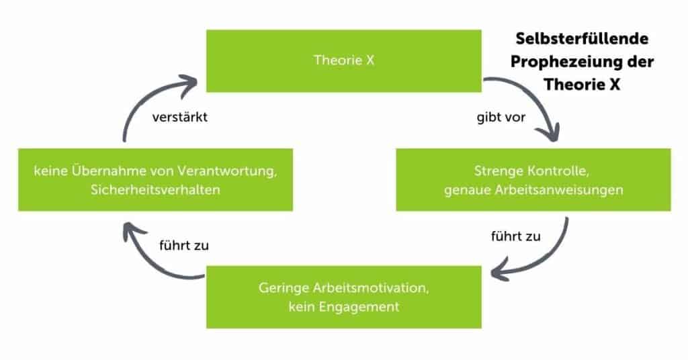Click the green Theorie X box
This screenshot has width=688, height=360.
pos(343,60)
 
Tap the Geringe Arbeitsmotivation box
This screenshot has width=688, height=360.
pos(343,297)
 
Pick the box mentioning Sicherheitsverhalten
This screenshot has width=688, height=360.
pos(155,180)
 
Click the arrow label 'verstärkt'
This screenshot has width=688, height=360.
pos(178,116)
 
